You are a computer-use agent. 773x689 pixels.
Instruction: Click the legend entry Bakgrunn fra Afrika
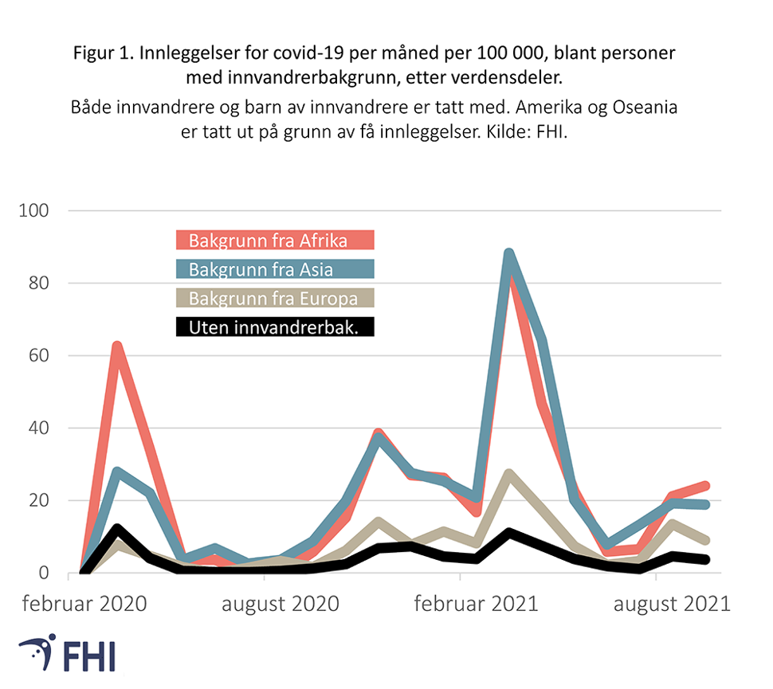click(x=274, y=240)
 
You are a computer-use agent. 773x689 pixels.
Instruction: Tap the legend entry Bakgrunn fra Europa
click(x=274, y=298)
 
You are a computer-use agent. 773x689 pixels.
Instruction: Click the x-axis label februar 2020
click(x=84, y=603)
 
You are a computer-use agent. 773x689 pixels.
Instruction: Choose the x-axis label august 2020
click(x=280, y=603)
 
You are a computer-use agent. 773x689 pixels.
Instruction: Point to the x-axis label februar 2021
click(x=476, y=603)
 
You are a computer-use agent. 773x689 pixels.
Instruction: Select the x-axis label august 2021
click(x=672, y=603)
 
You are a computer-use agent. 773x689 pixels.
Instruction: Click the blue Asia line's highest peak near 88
click(x=508, y=254)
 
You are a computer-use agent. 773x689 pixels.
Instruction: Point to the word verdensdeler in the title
click(x=522, y=77)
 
